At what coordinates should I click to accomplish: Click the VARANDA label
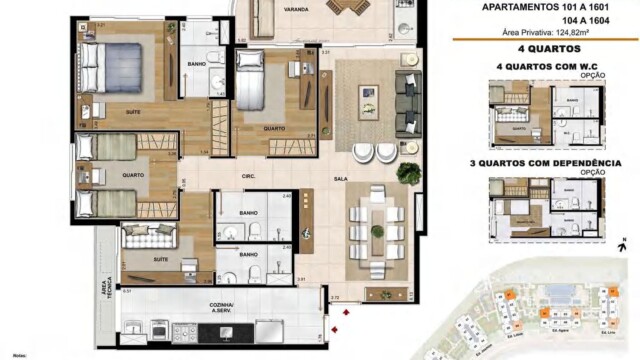295,8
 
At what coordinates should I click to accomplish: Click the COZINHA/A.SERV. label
223,307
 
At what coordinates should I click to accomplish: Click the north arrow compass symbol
622,242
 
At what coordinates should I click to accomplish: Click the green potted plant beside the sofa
408,173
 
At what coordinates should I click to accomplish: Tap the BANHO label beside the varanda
197,66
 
